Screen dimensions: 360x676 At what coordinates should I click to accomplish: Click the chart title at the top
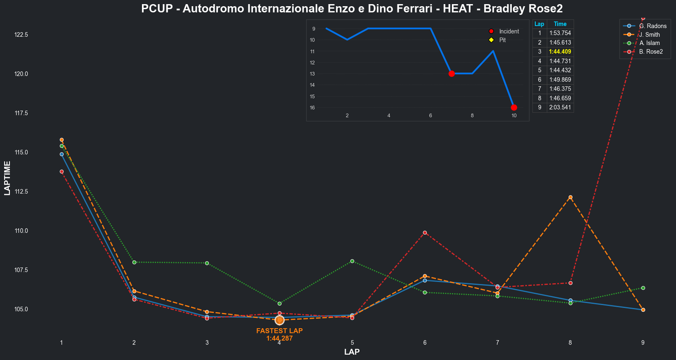tap(352, 9)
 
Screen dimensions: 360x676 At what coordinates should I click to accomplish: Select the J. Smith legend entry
tap(649, 35)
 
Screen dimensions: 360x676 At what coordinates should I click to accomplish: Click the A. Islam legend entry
tap(649, 43)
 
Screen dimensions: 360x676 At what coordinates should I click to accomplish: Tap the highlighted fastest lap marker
tap(279, 320)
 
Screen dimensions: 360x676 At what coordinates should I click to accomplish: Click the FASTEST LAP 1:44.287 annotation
tap(279, 334)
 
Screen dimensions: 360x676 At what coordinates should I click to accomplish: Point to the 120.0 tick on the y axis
tap(21, 74)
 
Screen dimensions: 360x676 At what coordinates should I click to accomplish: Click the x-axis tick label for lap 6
tap(425, 343)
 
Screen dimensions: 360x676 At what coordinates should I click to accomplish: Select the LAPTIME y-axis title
tap(7, 178)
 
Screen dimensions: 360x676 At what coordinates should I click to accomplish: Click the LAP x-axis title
tap(352, 352)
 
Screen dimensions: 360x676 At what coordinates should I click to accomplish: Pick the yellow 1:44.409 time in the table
tap(560, 52)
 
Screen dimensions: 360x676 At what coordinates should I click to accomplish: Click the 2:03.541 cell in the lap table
tap(560, 108)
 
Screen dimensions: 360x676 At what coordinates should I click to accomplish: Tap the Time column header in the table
tap(560, 24)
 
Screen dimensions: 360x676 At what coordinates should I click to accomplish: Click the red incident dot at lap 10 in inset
tap(514, 108)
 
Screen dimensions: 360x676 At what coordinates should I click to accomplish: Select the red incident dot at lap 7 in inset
tap(451, 73)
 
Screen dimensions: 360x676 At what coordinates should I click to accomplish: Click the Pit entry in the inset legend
tap(502, 40)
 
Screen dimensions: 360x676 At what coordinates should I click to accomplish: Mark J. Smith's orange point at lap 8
tap(570, 197)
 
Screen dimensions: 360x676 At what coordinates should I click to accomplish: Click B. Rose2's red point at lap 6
tap(425, 233)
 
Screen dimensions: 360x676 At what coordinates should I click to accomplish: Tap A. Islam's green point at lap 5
tap(352, 261)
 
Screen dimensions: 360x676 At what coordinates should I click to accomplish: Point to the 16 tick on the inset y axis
tap(312, 108)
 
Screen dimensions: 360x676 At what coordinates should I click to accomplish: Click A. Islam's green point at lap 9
tap(643, 288)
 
